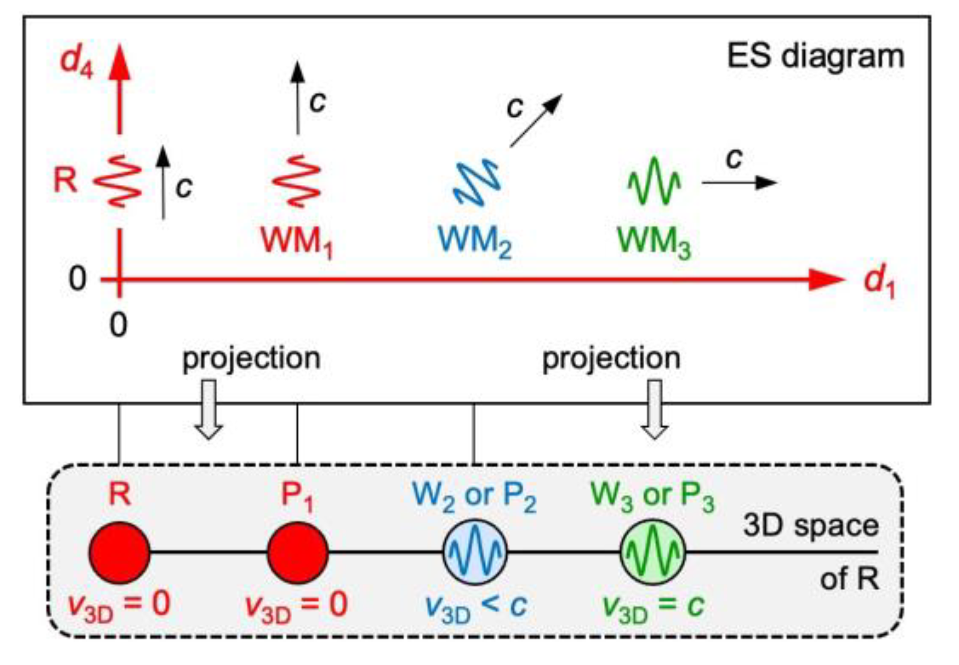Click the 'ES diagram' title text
coord(815,56)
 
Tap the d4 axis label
coord(77,61)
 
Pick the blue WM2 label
coord(474,242)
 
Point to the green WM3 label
coord(653,242)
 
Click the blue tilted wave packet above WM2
coord(477,182)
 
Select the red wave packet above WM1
coord(297,180)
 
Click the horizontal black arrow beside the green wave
coord(739,183)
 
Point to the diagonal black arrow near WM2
coord(535,121)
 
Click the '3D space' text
coord(810,526)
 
